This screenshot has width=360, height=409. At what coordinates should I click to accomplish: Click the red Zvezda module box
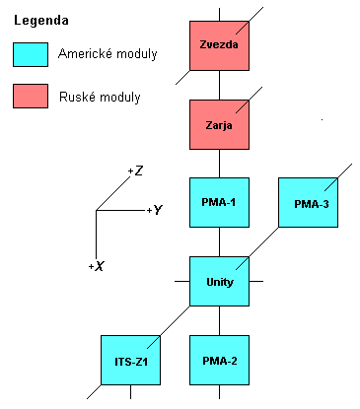click(x=219, y=45)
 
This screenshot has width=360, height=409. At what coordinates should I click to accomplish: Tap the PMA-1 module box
click(x=219, y=203)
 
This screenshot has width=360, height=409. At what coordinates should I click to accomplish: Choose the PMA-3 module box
click(x=308, y=204)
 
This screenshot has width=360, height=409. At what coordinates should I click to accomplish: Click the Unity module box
click(x=219, y=282)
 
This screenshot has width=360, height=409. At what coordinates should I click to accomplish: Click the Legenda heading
click(x=40, y=19)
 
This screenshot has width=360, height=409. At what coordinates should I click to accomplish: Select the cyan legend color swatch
click(x=36, y=55)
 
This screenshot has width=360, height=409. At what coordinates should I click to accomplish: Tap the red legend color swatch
click(x=36, y=96)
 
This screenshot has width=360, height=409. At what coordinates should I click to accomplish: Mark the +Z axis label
click(x=135, y=171)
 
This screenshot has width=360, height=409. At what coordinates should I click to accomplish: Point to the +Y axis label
click(x=153, y=210)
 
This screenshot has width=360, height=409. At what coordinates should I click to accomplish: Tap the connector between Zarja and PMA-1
click(x=219, y=166)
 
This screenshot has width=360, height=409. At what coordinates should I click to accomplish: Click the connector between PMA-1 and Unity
click(x=219, y=242)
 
